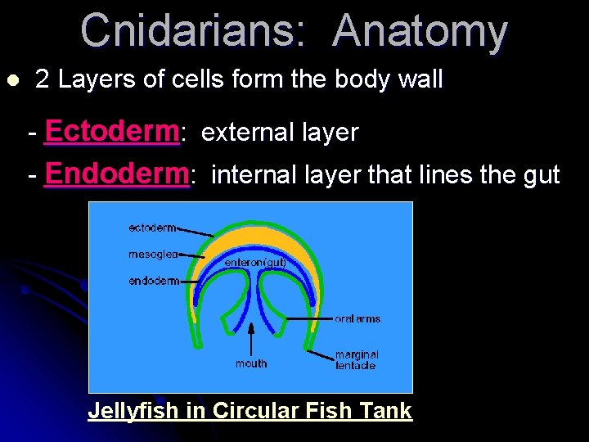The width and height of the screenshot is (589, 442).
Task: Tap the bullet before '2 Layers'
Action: (11, 80)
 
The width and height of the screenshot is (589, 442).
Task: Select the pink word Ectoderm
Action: (112, 131)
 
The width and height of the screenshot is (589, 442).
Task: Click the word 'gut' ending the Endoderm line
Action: (539, 174)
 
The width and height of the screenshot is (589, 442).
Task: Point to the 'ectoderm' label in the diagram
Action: (152, 228)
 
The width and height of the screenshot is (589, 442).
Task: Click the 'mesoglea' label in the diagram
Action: (153, 255)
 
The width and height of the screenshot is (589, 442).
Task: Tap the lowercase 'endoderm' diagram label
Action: (154, 281)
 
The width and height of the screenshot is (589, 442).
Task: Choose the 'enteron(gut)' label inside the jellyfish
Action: (255, 262)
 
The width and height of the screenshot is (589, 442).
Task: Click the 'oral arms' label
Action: (357, 318)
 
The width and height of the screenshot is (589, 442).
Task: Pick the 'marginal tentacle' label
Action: (357, 360)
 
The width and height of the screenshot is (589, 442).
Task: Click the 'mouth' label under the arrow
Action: (251, 363)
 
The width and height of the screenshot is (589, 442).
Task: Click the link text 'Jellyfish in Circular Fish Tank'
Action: (250, 410)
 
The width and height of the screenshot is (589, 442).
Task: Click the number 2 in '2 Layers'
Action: (43, 80)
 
